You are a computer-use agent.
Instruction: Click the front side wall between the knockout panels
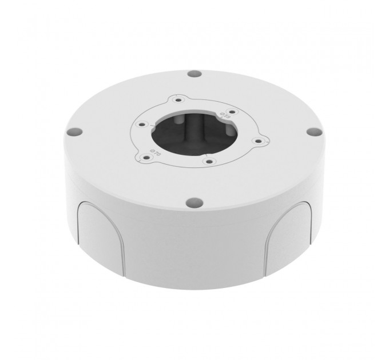pos(194,240)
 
